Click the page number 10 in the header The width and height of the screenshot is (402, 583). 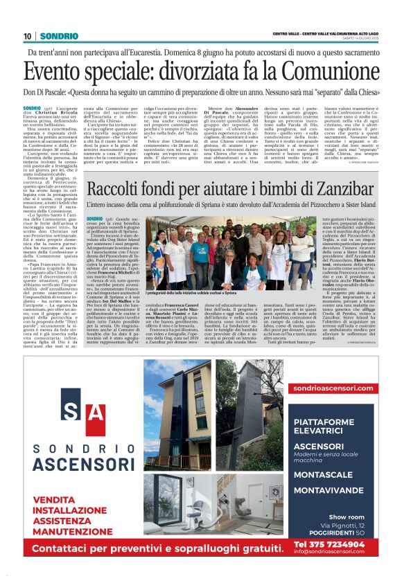[x=28, y=35]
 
